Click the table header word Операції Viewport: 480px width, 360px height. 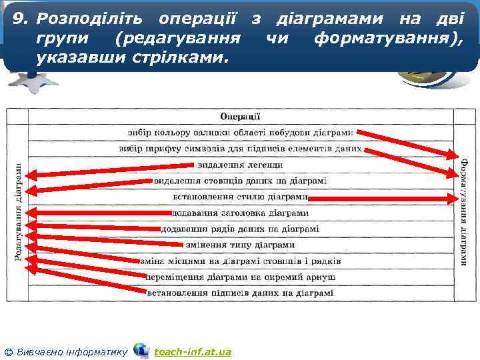click(240, 116)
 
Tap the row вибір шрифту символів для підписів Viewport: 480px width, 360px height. click(240, 149)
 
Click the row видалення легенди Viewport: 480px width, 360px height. click(240, 165)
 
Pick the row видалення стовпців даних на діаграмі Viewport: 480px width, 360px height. click(240, 181)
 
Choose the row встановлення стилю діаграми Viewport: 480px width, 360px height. click(240, 197)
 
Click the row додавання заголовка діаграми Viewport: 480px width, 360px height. click(240, 213)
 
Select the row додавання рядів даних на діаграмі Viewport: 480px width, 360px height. click(240, 229)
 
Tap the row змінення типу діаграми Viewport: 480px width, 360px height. click(240, 245)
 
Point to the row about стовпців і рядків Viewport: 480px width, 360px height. click(240, 261)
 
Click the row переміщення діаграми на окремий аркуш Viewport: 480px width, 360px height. click(240, 276)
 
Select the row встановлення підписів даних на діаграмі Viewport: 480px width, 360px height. click(240, 293)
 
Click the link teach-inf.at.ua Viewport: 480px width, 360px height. click(193, 351)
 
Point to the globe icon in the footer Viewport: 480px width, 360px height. click(141, 350)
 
